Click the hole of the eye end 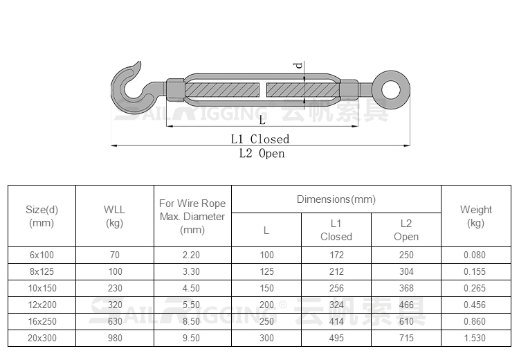pyautogui.click(x=391, y=89)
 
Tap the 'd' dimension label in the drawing pyautogui.click(x=299, y=65)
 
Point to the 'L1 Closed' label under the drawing pyautogui.click(x=260, y=139)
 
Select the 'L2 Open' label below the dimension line pyautogui.click(x=262, y=153)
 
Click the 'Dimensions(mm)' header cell pyautogui.click(x=336, y=199)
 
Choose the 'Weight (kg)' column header pyautogui.click(x=475, y=216)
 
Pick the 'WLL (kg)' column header pyautogui.click(x=114, y=216)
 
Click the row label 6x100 pyautogui.click(x=42, y=255)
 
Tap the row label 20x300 pyautogui.click(x=42, y=338)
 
